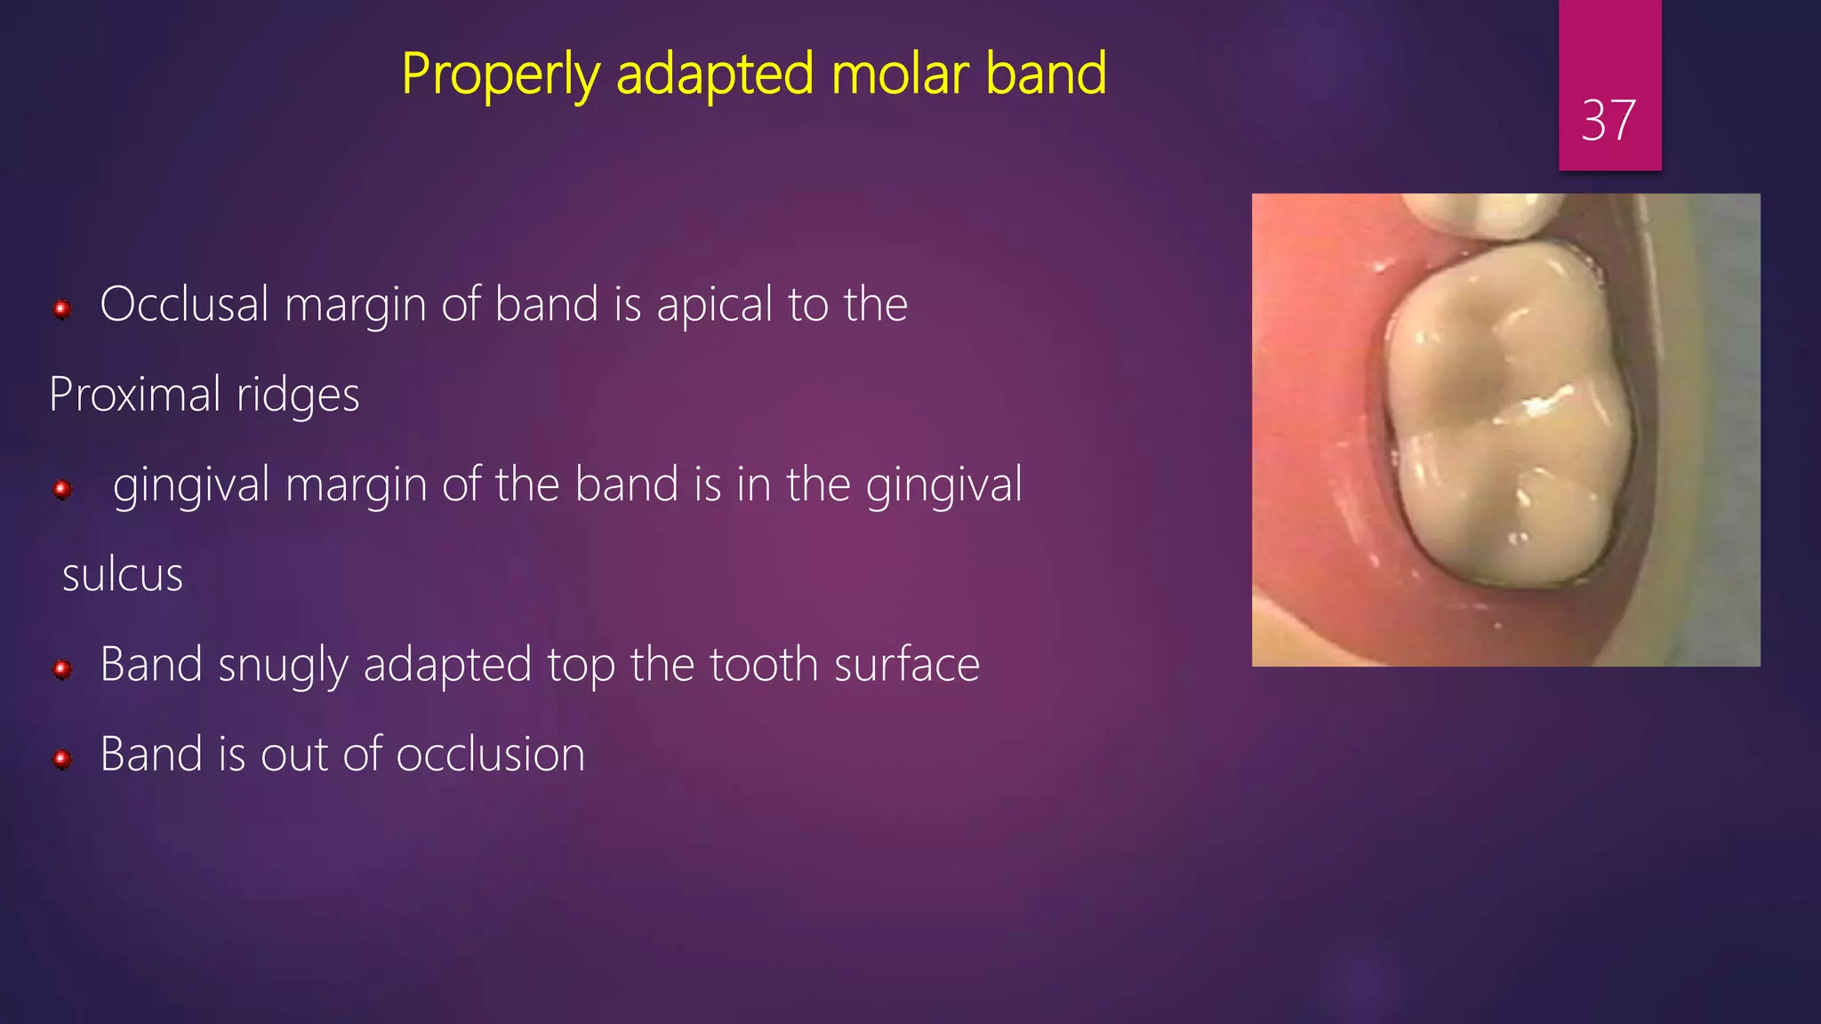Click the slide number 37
pyautogui.click(x=1608, y=120)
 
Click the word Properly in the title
pyautogui.click(x=501, y=75)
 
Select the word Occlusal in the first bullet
pyautogui.click(x=184, y=305)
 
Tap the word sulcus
pyautogui.click(x=123, y=575)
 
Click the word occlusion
pyautogui.click(x=490, y=755)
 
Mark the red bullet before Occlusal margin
pyautogui.click(x=62, y=309)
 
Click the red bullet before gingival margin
pyautogui.click(x=62, y=489)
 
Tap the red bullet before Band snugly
pyautogui.click(x=62, y=668)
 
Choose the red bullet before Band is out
pyautogui.click(x=62, y=758)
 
